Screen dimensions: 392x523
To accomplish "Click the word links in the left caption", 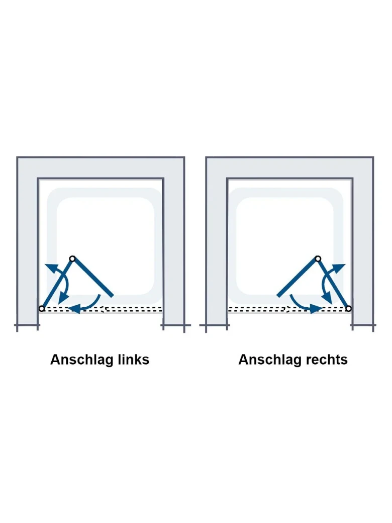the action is coord(134,360).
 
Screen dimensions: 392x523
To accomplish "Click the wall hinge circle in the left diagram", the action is coord(42,309).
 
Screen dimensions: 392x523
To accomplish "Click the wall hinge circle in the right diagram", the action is coord(348,309).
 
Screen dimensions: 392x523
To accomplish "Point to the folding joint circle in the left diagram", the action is coord(72,258).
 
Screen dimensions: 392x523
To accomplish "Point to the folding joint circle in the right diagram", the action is coord(318,258).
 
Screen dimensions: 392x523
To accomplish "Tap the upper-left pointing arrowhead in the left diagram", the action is coord(51,269).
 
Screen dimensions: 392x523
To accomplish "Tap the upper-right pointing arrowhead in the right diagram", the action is coord(339,269).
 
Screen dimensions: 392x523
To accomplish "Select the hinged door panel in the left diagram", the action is coord(57,284).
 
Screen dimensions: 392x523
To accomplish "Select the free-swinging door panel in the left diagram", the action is coord(92,277).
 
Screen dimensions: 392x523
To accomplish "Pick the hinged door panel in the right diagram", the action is coord(333,284).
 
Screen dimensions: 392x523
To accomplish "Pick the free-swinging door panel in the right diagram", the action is coord(298,277).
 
